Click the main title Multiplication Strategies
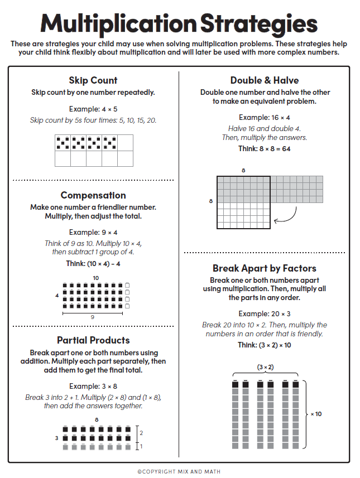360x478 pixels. point(179,24)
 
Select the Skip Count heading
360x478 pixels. point(93,80)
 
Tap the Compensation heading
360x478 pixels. point(93,195)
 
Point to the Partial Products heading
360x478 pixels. point(93,340)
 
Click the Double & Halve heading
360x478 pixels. point(265,80)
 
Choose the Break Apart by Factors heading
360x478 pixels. point(265,268)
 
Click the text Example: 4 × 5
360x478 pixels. point(93,109)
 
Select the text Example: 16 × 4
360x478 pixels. point(265,118)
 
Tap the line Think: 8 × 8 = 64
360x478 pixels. point(265,149)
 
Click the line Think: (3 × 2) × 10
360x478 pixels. point(265,345)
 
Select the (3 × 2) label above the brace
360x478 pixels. point(265,367)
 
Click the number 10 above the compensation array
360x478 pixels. point(96,278)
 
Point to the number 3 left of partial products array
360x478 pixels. point(56,438)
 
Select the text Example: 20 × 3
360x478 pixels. point(265,314)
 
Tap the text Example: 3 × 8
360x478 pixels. point(93,386)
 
